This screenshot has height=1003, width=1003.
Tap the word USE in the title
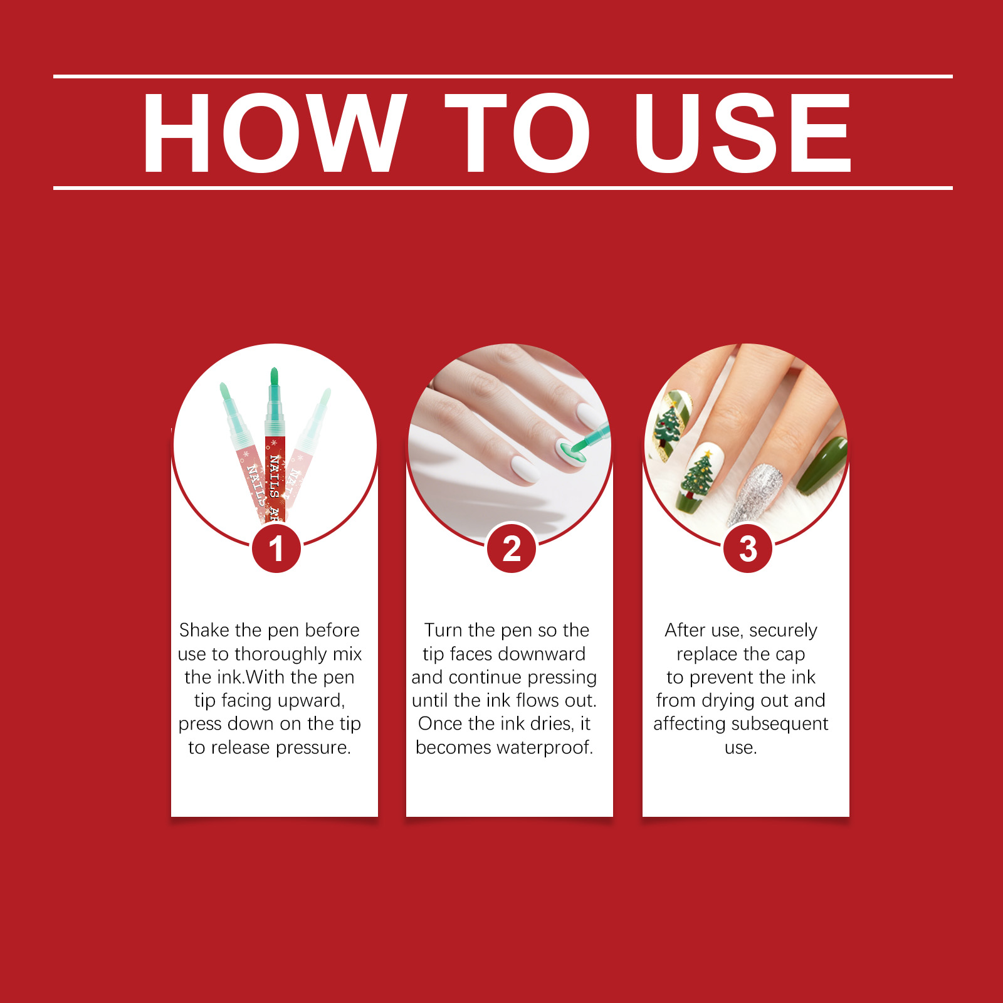[743, 133]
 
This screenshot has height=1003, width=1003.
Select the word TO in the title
[518, 133]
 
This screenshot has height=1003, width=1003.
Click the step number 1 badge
[276, 549]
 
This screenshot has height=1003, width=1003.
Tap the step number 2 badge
[512, 549]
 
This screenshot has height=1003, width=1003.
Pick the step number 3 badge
[748, 549]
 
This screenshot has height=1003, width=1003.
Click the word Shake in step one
[205, 630]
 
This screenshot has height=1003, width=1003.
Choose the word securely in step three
[783, 631]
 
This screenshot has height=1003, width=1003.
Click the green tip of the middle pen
[274, 376]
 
